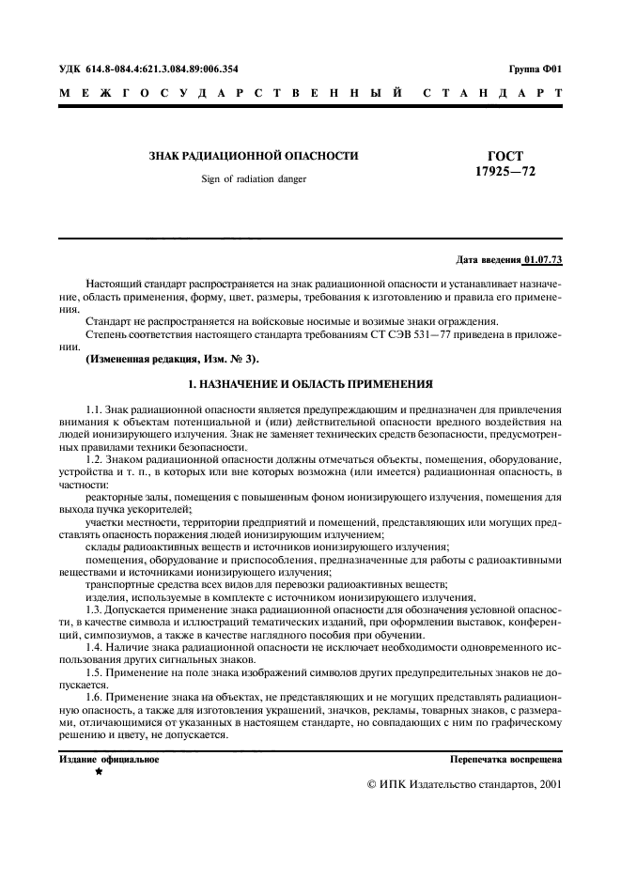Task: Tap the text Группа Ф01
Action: click(x=535, y=69)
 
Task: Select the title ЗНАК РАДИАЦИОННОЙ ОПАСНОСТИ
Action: click(x=254, y=157)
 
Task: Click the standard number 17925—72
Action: click(x=505, y=172)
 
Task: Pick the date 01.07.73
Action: click(x=542, y=258)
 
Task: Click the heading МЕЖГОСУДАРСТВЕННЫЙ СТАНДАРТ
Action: click(x=310, y=94)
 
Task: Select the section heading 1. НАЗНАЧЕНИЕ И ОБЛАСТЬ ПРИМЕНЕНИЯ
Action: click(x=310, y=384)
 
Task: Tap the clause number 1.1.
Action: click(x=94, y=410)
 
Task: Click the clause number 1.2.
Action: click(x=94, y=458)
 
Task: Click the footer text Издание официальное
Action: click(x=110, y=759)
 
